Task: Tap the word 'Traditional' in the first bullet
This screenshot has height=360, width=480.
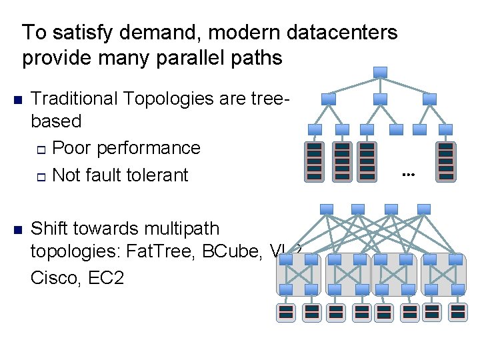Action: click(x=72, y=99)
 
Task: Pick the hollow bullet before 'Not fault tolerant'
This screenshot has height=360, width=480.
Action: click(x=41, y=176)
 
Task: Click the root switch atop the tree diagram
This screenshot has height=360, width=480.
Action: click(x=380, y=72)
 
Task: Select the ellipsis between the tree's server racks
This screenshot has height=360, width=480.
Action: click(x=408, y=175)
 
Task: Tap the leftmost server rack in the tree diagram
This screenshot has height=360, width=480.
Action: click(x=315, y=161)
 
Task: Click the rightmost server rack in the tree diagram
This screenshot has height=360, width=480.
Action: click(x=445, y=161)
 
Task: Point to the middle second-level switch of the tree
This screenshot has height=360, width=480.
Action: click(x=380, y=99)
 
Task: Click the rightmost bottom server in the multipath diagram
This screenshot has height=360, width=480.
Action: click(x=457, y=311)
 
